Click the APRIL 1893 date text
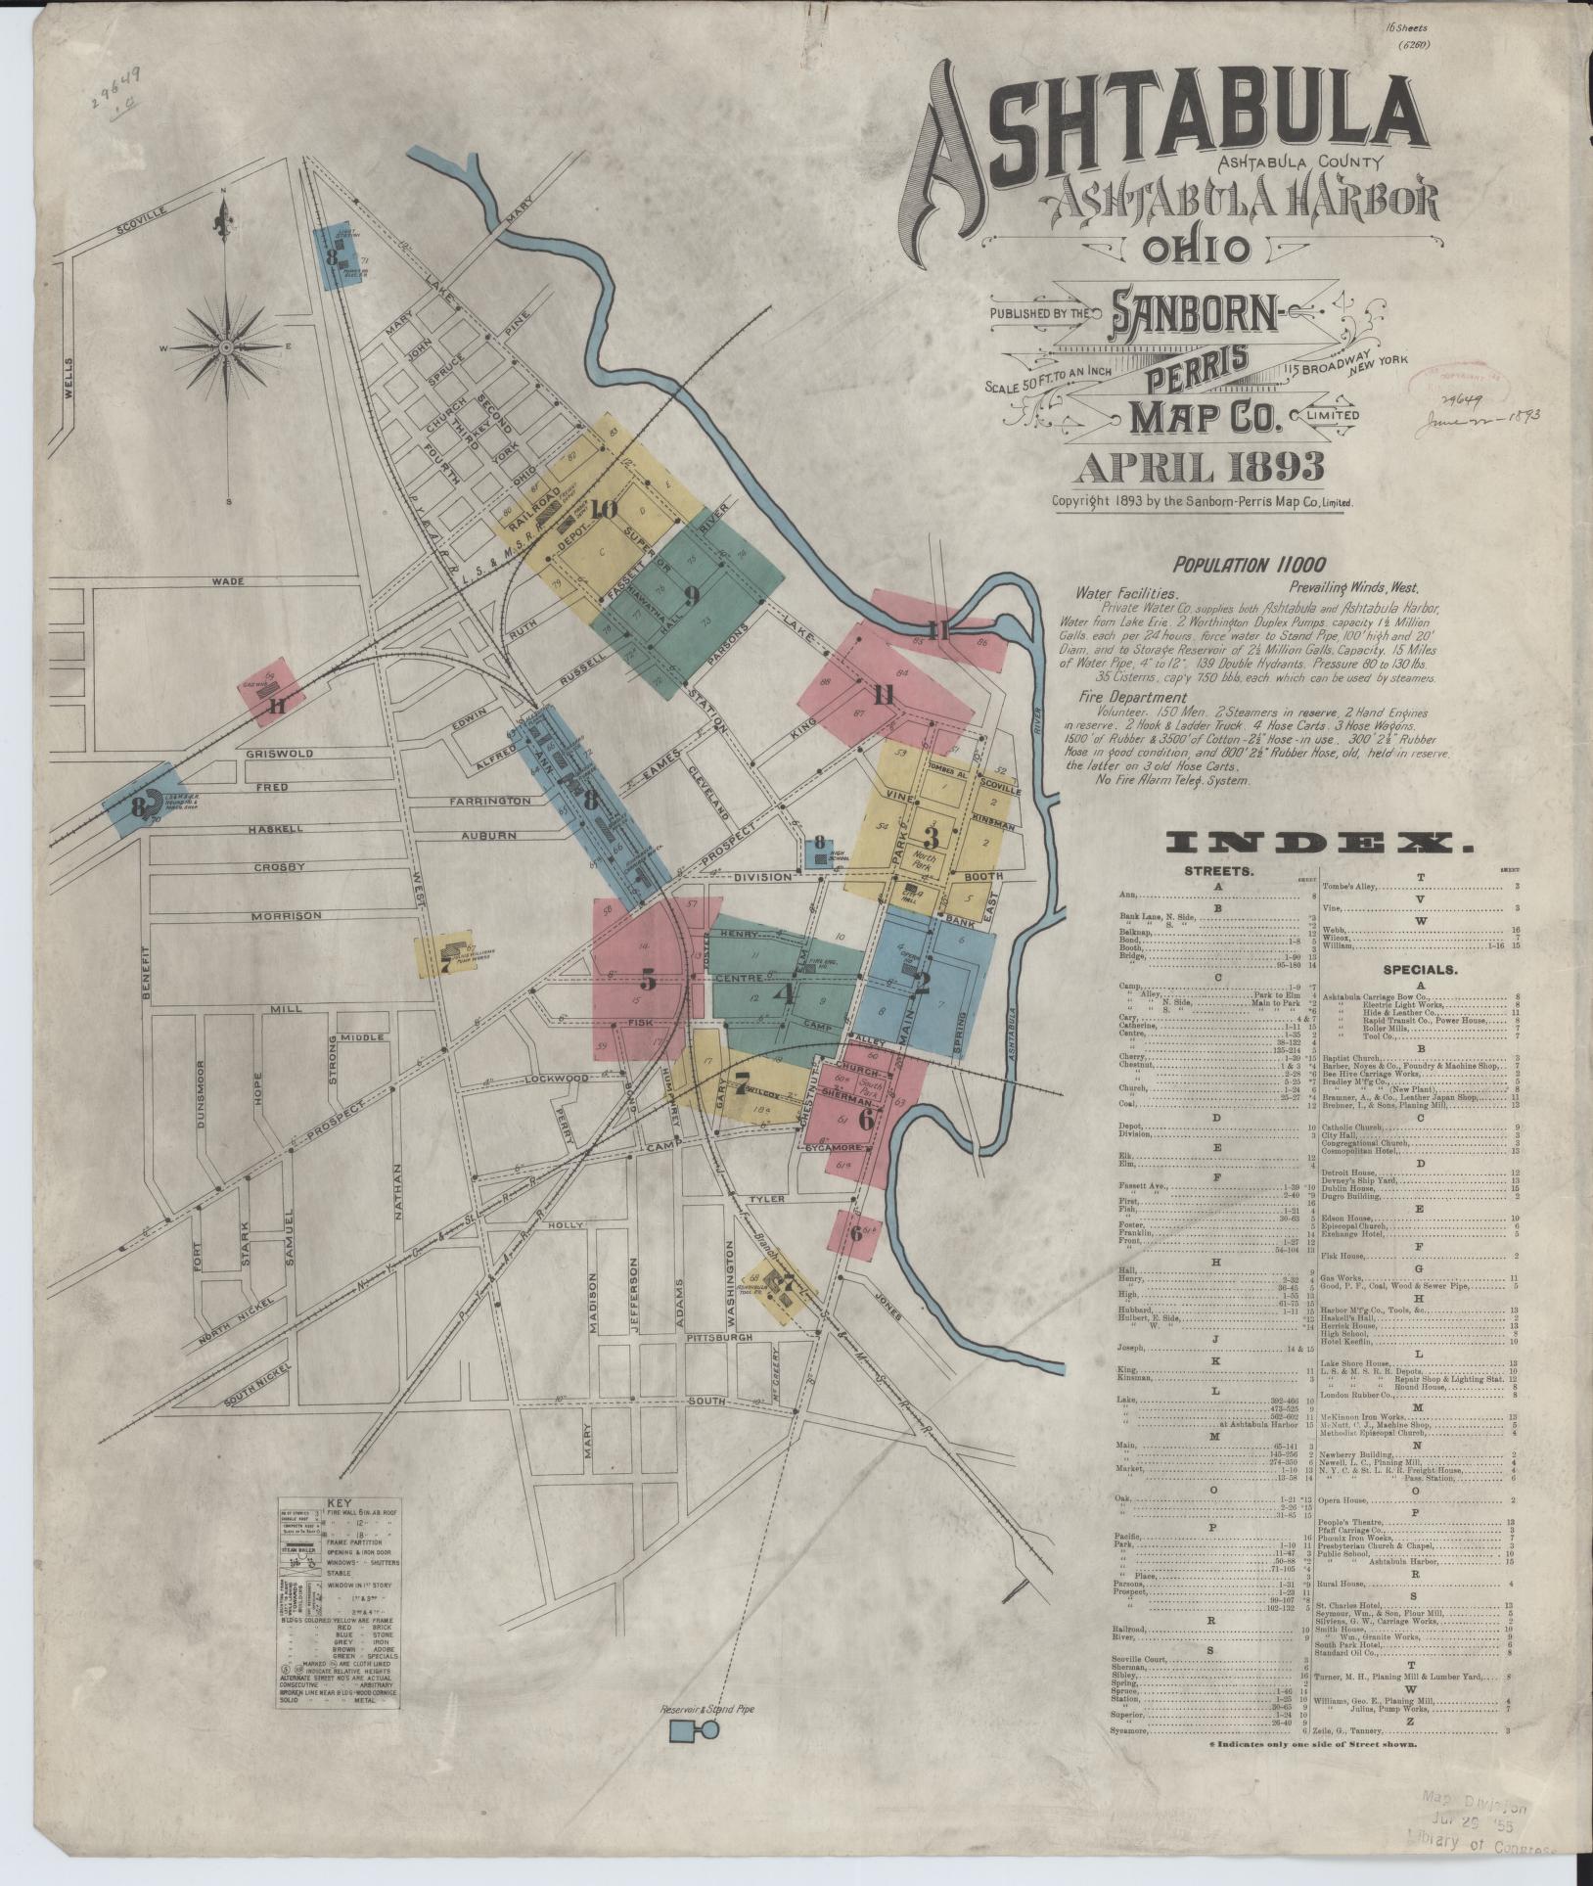[x=1200, y=469]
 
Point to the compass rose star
[x=225, y=347]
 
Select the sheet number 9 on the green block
[x=692, y=594]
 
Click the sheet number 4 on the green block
[x=783, y=993]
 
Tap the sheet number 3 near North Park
[x=931, y=838]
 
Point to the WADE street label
[x=226, y=580]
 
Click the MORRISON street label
[x=287, y=915]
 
